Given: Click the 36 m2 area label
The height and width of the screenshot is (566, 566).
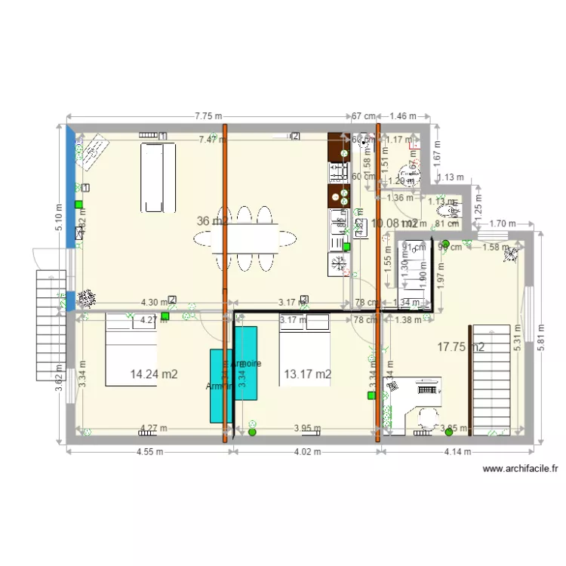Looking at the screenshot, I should [211, 221].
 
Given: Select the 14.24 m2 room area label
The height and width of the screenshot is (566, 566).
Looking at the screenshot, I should [155, 374].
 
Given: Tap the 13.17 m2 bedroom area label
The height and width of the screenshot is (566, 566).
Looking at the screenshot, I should [308, 374].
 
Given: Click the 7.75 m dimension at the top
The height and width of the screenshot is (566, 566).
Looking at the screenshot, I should [208, 116].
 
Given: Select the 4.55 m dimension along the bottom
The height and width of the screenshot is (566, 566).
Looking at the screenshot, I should [151, 453].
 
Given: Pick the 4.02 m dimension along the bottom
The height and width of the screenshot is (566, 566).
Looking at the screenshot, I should [306, 453].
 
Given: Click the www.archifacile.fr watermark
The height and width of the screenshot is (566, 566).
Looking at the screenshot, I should [520, 469].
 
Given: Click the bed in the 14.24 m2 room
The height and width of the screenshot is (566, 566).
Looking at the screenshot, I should [131, 351].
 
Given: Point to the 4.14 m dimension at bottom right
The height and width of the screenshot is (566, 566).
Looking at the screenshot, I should [457, 453].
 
